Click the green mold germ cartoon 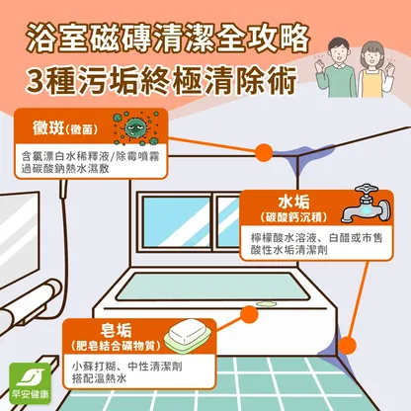(x=136, y=128)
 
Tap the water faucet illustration (x=366, y=205)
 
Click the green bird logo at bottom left (x=31, y=383)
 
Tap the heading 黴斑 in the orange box (x=48, y=127)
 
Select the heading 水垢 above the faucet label (x=293, y=202)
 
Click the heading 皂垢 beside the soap (x=116, y=330)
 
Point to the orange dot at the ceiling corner (x=264, y=152)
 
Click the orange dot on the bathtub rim (x=249, y=314)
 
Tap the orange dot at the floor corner (x=347, y=346)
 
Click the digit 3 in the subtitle (x=35, y=81)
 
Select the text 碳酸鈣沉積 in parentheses (x=293, y=217)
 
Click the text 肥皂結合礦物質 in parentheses (x=116, y=346)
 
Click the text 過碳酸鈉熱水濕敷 (x=65, y=169)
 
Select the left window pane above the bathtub (x=176, y=221)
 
